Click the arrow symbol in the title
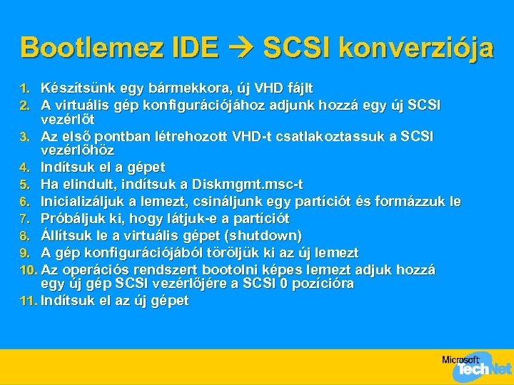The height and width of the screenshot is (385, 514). (x=241, y=48)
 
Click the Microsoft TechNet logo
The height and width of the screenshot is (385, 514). (x=474, y=366)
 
